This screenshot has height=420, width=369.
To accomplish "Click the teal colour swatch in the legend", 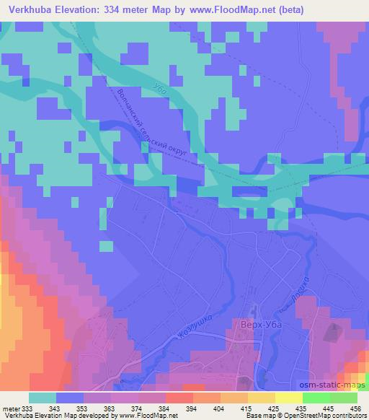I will pyautogui.click(x=43, y=398).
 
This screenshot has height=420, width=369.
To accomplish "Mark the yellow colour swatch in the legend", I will pyautogui.click(x=289, y=398).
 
